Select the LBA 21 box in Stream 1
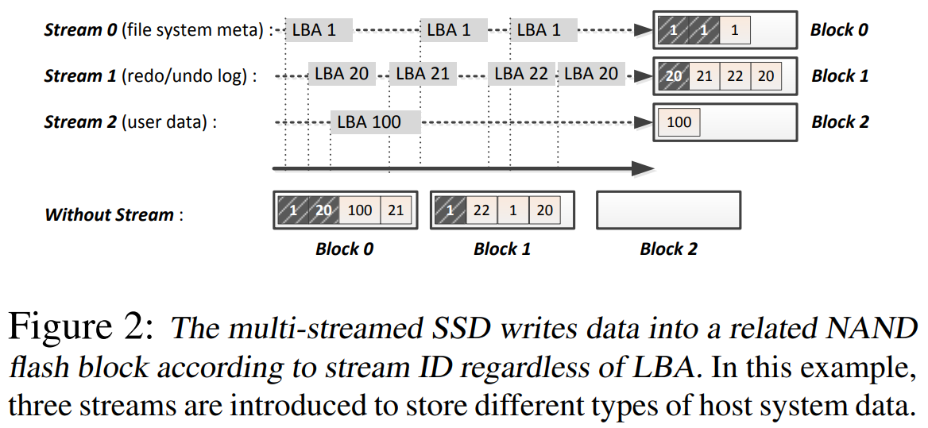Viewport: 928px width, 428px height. pyautogui.click(x=422, y=74)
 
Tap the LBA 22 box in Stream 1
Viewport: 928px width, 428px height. pyautogui.click(x=521, y=74)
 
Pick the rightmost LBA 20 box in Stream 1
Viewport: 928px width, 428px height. pyautogui.click(x=590, y=74)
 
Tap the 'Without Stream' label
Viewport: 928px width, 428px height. pyautogui.click(x=109, y=214)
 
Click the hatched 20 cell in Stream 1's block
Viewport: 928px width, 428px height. pyautogui.click(x=674, y=76)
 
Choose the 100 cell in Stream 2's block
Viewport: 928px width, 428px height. pyautogui.click(x=679, y=122)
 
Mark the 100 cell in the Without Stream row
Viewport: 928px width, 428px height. pyautogui.click(x=359, y=210)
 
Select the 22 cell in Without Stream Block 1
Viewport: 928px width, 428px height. pyautogui.click(x=481, y=210)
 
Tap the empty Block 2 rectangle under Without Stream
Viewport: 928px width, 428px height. pyautogui.click(x=668, y=210)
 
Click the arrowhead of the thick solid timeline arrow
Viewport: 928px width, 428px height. pyautogui.click(x=644, y=168)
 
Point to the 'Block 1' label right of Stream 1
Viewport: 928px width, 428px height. pyautogui.click(x=839, y=76)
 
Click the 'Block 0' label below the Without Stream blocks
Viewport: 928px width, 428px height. pyautogui.click(x=344, y=249)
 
